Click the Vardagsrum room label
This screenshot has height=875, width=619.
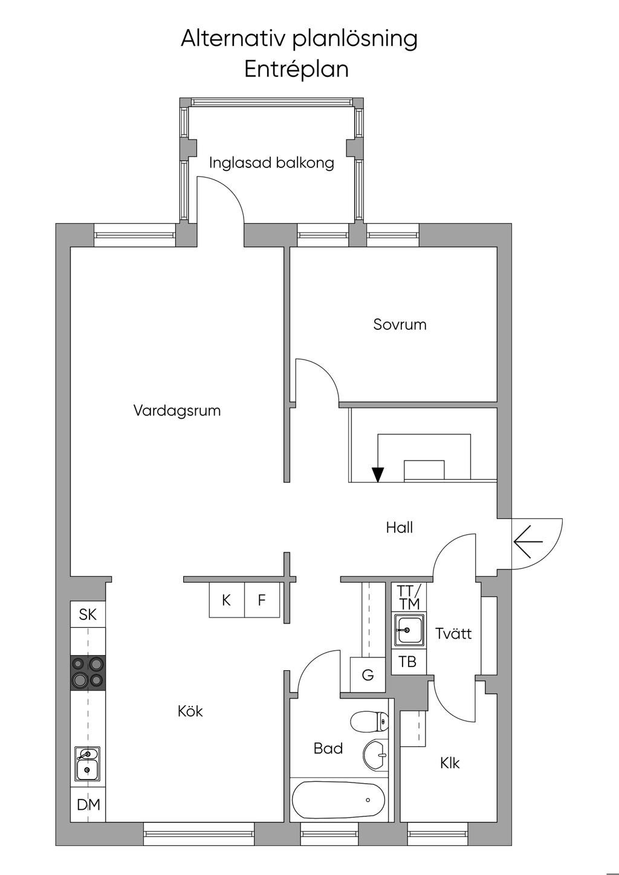177,411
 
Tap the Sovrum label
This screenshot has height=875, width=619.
400,324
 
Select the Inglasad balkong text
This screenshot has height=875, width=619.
271,163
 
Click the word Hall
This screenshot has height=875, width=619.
400,528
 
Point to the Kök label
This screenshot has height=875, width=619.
190,711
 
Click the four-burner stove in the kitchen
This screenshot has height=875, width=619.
88,673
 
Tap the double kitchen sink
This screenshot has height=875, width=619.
88,763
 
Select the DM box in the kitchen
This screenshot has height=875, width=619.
88,805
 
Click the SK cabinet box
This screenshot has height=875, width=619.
88,615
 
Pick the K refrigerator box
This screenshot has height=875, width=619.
227,600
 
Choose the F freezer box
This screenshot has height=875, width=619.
262,600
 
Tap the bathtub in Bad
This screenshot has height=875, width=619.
339,800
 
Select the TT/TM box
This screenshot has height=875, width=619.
409,598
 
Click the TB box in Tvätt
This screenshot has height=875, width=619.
408,662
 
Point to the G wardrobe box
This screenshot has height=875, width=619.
368,675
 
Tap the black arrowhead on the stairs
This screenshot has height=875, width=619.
378,475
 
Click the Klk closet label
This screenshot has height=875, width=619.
450,763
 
